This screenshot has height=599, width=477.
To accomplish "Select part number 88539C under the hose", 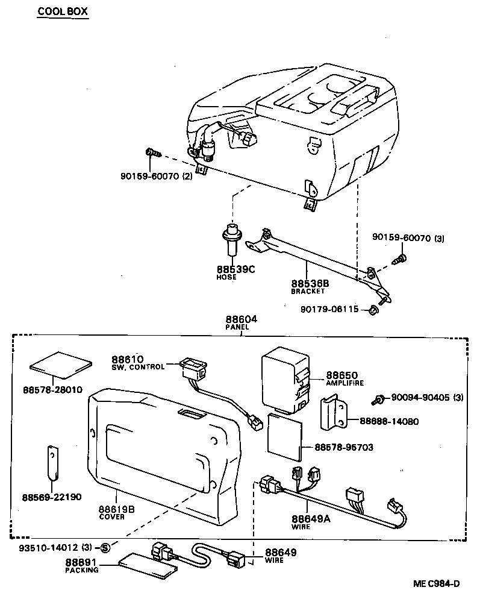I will [x=236, y=269].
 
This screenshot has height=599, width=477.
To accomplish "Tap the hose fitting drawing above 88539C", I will [x=231, y=240].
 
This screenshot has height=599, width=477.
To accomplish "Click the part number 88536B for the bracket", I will [x=310, y=283].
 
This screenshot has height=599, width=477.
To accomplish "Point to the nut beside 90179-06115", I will [x=373, y=310].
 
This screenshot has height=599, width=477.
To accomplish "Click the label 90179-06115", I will [x=329, y=309].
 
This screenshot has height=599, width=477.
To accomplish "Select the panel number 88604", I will [x=241, y=319].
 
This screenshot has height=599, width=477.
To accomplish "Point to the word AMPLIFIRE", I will [x=346, y=383].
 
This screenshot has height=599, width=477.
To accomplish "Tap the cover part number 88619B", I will [x=117, y=509].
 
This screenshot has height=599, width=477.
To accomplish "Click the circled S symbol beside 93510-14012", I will [x=105, y=547].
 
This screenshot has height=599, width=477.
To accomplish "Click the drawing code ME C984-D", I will [x=436, y=583].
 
